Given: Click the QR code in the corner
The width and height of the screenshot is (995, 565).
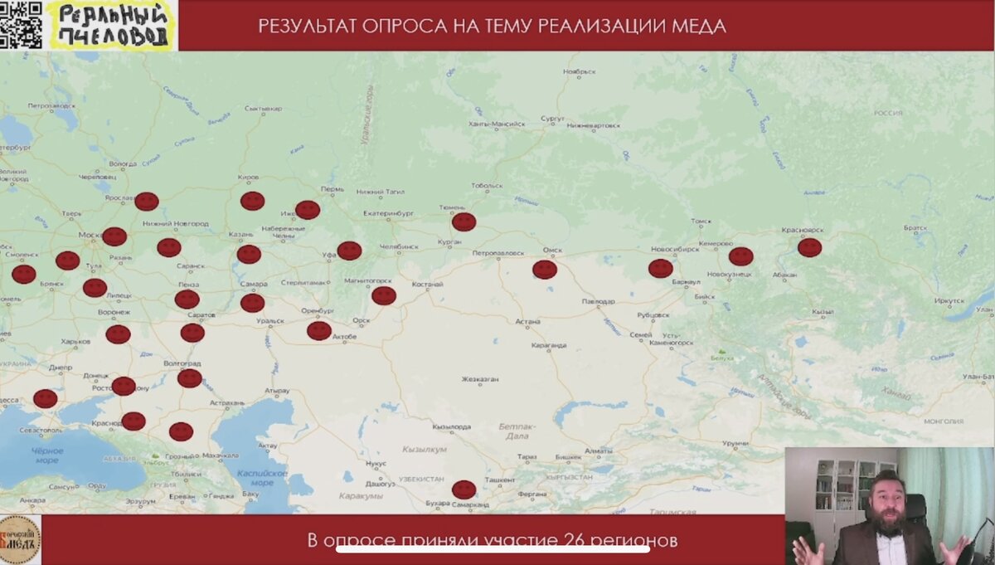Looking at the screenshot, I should (21, 24).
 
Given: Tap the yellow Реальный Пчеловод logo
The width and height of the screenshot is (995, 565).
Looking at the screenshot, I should (112, 25).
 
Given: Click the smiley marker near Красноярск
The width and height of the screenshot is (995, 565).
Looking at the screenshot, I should (809, 247).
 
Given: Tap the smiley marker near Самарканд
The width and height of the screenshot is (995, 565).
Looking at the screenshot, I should (464, 490).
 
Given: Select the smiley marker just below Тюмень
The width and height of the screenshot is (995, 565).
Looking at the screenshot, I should (464, 222).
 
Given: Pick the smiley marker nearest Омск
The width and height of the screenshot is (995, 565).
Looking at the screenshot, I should (545, 269).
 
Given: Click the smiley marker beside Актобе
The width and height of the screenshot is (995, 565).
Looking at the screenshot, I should (319, 331).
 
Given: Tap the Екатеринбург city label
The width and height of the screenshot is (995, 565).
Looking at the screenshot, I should (387, 214).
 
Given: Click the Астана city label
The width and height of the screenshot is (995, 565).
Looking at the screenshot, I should (528, 321).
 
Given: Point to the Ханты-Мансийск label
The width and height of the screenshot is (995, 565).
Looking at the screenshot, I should (497, 124).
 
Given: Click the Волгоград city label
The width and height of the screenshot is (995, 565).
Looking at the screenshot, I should (182, 363).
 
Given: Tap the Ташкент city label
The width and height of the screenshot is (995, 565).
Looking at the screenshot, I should (500, 480).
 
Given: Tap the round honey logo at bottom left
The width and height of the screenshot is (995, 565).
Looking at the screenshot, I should (20, 539).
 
